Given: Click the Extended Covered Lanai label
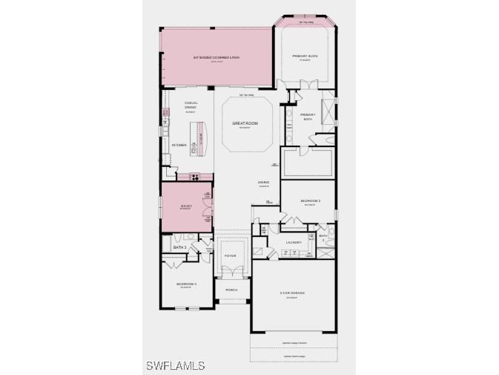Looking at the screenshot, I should coord(217,57).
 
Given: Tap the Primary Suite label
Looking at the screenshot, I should coord(305,56).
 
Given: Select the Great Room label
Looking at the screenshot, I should coord(244,123).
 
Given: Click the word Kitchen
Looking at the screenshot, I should coord(179,145).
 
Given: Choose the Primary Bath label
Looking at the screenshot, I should coord(308,117).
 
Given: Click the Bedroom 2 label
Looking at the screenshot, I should coord(310,201).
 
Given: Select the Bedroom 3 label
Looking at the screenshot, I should coord(185,284).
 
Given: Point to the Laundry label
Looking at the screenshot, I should coord(294,242).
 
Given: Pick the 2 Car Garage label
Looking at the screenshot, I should coord(292,293).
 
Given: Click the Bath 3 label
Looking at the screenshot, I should coord(179,247).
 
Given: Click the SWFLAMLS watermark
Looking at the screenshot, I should coord(176,365).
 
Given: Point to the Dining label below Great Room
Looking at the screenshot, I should coord(263,182).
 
